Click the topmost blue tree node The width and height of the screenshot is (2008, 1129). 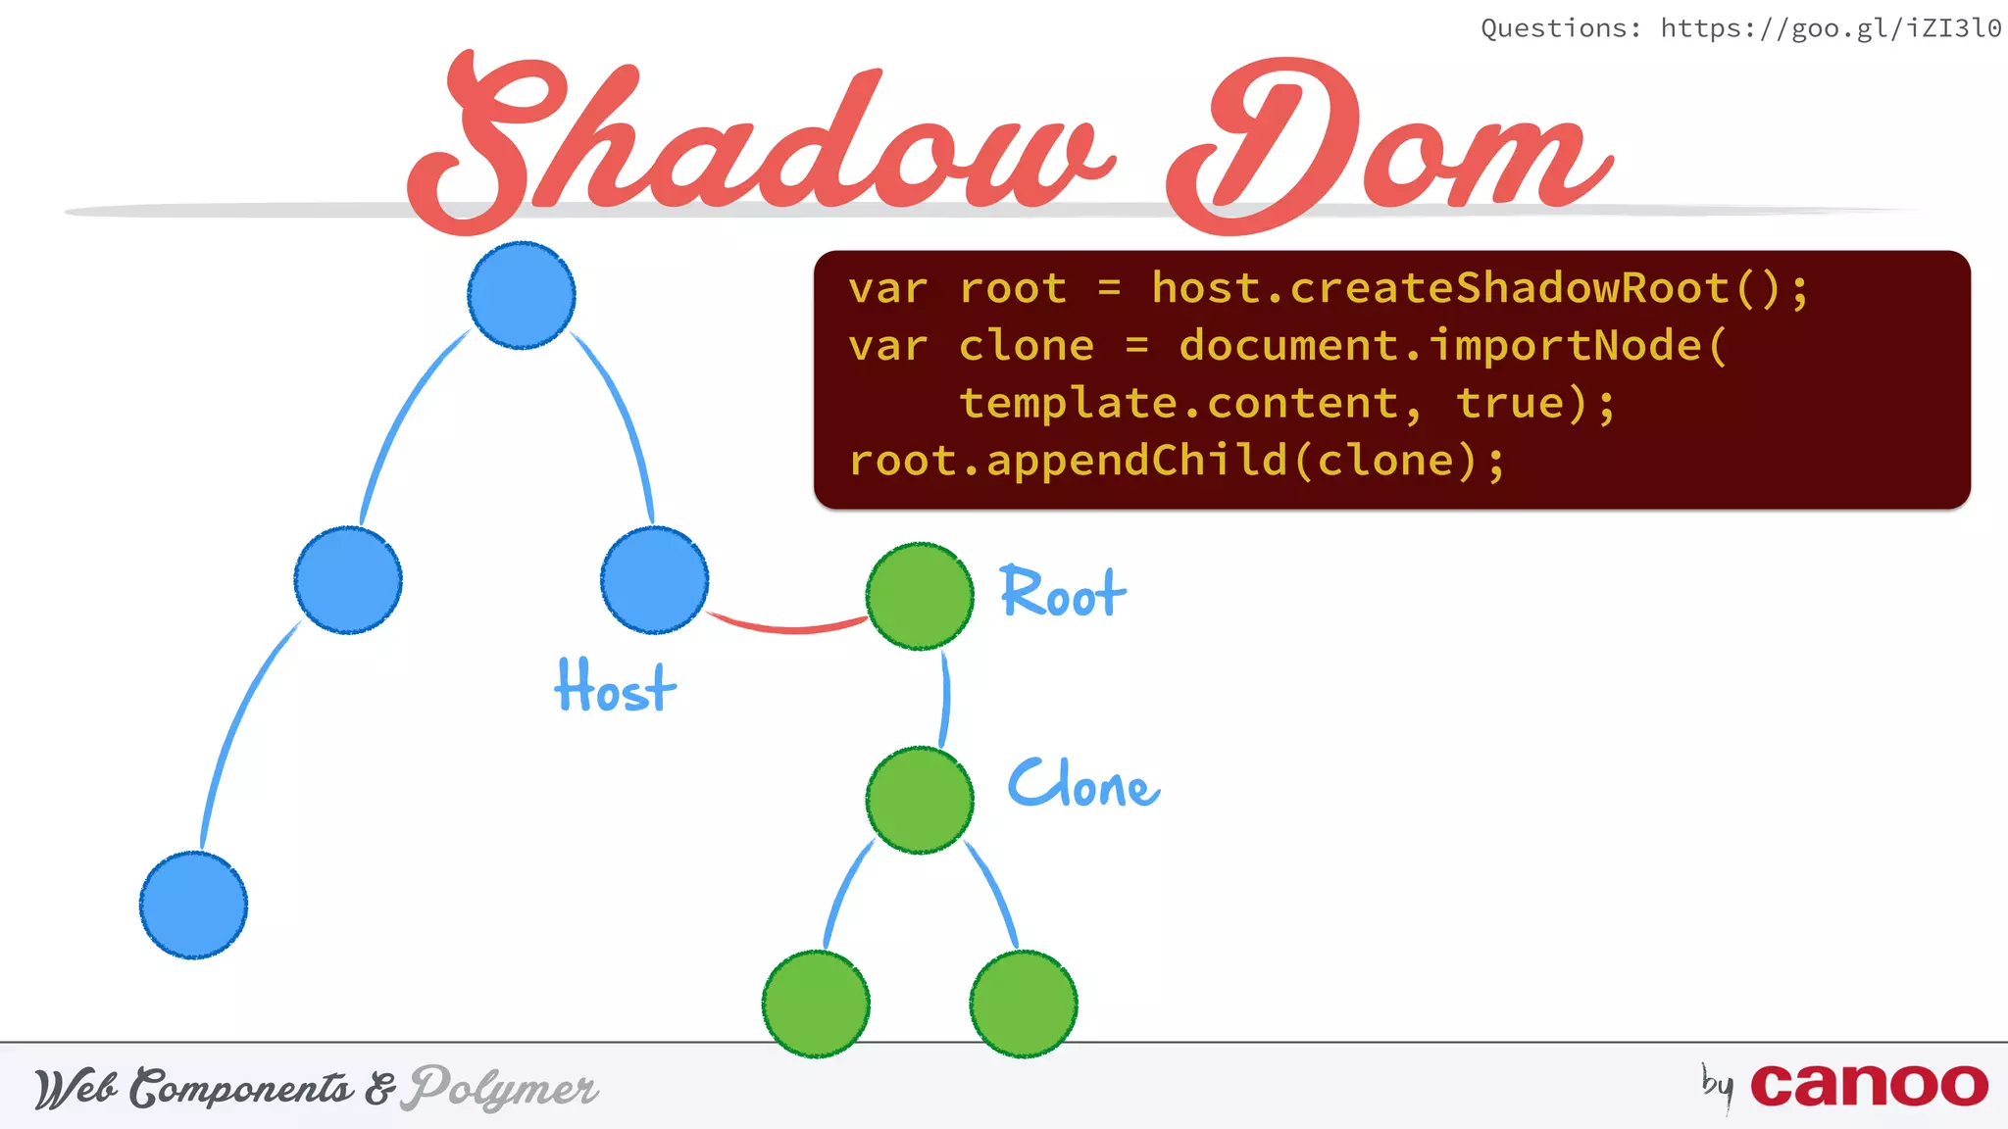(522, 295)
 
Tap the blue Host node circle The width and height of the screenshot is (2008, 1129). (654, 580)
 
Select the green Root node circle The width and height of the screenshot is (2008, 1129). (920, 596)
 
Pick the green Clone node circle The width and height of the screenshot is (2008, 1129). (920, 800)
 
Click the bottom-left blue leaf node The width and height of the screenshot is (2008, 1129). (193, 905)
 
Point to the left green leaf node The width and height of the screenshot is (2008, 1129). (816, 1004)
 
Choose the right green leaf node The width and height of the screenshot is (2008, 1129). (1024, 1004)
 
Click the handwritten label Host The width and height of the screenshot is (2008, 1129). (615, 686)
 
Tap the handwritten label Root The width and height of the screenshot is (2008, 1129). (1063, 593)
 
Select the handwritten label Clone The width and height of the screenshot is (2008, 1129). (1083, 784)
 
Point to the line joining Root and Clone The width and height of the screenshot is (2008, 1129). (945, 698)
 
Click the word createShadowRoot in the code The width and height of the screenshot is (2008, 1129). (1509, 288)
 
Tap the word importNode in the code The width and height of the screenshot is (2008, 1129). (1565, 346)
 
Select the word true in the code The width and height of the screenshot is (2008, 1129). (1510, 404)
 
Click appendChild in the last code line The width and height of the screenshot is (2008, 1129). (1136, 461)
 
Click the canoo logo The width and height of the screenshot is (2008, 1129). (1868, 1086)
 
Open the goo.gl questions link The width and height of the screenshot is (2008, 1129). (1830, 28)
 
